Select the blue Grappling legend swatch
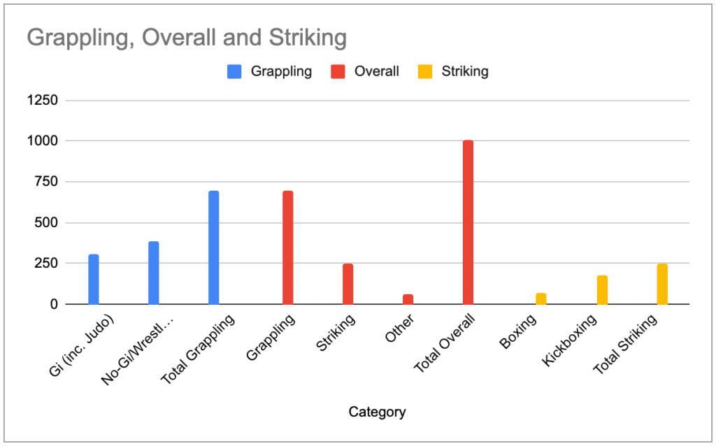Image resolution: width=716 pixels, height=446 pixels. pyautogui.click(x=234, y=71)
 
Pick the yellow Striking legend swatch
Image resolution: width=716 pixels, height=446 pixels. pyautogui.click(x=425, y=71)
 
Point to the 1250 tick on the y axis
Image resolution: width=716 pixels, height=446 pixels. pyautogui.click(x=43, y=100)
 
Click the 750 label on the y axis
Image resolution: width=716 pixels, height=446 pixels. pyautogui.click(x=46, y=182)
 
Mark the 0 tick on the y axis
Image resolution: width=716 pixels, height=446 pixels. pyautogui.click(x=53, y=305)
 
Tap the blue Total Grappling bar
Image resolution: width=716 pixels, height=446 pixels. pyautogui.click(x=214, y=247)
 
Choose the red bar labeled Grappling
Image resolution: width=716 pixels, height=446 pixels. pyautogui.click(x=287, y=247)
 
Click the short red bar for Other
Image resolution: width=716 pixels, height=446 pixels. pyautogui.click(x=408, y=300)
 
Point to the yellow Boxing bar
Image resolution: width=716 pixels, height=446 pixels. pyautogui.click(x=541, y=299)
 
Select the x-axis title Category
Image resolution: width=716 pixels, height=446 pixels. pyautogui.click(x=377, y=412)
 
